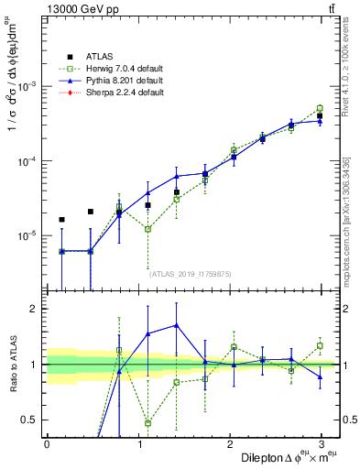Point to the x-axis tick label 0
(47, 443)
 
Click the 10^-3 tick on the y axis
(28, 85)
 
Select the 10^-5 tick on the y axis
(28, 235)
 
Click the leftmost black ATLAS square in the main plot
(61, 220)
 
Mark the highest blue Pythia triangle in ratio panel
(177, 325)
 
